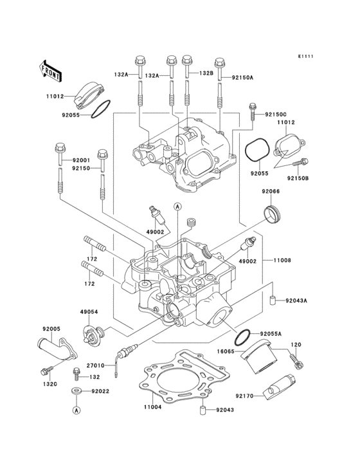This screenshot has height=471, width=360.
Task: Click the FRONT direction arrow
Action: (50, 69)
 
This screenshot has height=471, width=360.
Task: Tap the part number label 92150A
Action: (243, 77)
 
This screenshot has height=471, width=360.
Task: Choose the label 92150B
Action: (298, 178)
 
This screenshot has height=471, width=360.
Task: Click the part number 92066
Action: (270, 191)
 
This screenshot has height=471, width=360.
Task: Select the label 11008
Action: (283, 261)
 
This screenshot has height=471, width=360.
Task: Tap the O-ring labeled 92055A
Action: (243, 337)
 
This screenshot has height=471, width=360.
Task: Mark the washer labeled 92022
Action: (76, 391)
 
